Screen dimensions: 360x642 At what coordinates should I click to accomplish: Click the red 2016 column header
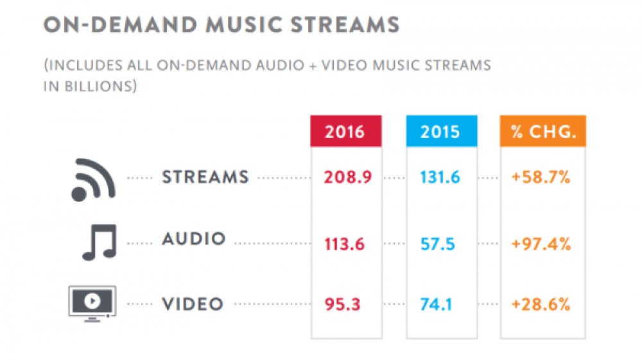tap(345, 132)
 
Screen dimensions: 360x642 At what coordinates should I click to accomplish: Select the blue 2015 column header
tap(440, 132)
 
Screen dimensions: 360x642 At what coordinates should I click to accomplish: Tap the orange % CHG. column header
tap(542, 132)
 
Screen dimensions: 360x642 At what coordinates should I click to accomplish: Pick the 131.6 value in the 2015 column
tap(440, 178)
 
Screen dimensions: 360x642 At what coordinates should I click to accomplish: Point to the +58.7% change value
tap(541, 178)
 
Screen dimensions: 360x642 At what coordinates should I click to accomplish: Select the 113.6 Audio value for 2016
tap(345, 244)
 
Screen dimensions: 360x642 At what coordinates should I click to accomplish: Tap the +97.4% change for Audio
tap(541, 244)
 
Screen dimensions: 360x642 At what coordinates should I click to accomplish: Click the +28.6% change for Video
tap(541, 304)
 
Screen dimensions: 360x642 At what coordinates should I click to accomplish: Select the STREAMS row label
tap(205, 177)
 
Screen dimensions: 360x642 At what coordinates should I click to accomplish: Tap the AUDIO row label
tap(194, 239)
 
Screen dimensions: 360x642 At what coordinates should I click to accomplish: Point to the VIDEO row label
tap(193, 304)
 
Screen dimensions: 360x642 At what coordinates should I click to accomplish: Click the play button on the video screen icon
tap(91, 299)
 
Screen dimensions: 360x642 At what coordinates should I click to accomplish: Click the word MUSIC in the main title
tap(245, 26)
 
